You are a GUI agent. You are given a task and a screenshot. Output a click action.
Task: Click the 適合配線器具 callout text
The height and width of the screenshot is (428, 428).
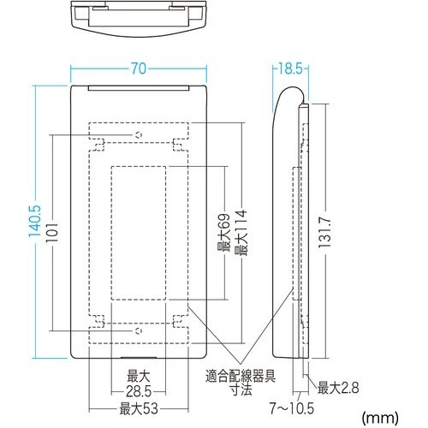point(239,373)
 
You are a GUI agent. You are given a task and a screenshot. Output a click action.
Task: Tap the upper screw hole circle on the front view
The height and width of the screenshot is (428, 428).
point(137,135)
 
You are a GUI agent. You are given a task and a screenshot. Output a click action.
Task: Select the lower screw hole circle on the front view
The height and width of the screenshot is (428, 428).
point(137,329)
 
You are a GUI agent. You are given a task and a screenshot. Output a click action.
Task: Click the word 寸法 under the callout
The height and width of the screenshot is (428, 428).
point(239,388)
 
